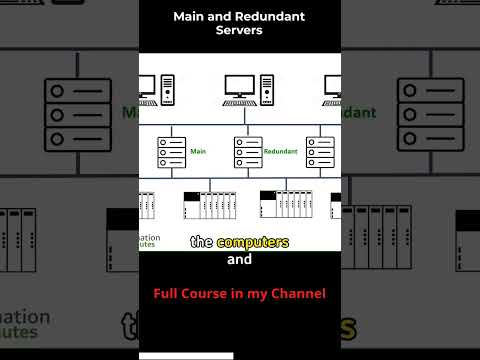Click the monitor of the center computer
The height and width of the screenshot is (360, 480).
[x=238, y=86]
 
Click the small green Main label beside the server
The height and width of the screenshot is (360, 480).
[x=197, y=152]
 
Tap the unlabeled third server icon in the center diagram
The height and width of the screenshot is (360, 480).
[x=319, y=152]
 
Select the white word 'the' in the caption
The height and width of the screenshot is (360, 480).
[x=200, y=242]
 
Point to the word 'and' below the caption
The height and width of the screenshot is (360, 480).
[x=240, y=260]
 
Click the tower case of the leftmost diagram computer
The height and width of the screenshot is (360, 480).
[x=167, y=90]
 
